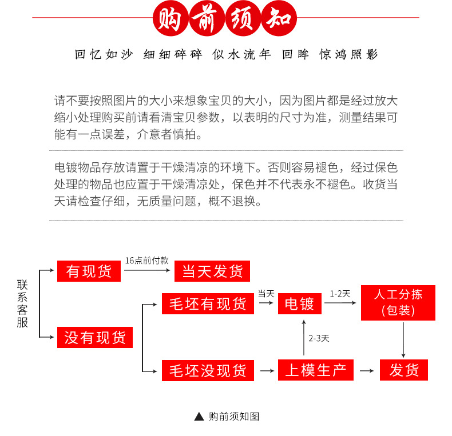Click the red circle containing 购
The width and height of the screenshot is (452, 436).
pos(171,18)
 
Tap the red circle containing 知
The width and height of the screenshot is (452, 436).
pos(279,18)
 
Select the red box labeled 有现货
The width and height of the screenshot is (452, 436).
pos(89,271)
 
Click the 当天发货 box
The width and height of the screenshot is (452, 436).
pos(212,271)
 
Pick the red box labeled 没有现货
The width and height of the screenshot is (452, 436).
pos(95,337)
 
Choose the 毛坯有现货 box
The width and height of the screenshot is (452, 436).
pos(208,303)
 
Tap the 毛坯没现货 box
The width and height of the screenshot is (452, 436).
pos(208,370)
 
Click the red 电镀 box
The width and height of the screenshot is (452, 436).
pos(299,303)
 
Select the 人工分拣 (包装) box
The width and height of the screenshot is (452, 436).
pos(398,303)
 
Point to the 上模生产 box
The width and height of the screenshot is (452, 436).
pos(316,370)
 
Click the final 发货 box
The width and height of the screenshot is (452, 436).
pos(403,370)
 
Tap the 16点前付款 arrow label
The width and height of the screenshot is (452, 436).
pos(146,261)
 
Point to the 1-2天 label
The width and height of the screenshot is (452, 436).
pos(340,294)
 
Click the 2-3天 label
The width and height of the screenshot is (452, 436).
pos(319,338)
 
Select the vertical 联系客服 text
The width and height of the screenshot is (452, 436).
pos(22,303)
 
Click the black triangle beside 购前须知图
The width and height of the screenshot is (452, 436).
pos(199,417)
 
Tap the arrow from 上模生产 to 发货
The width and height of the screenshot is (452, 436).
pos(367,371)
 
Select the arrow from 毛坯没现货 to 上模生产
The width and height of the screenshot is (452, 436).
pos(267,371)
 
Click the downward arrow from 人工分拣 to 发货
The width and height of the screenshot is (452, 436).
pos(403,340)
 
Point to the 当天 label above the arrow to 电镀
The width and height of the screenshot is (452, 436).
pos(266,294)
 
